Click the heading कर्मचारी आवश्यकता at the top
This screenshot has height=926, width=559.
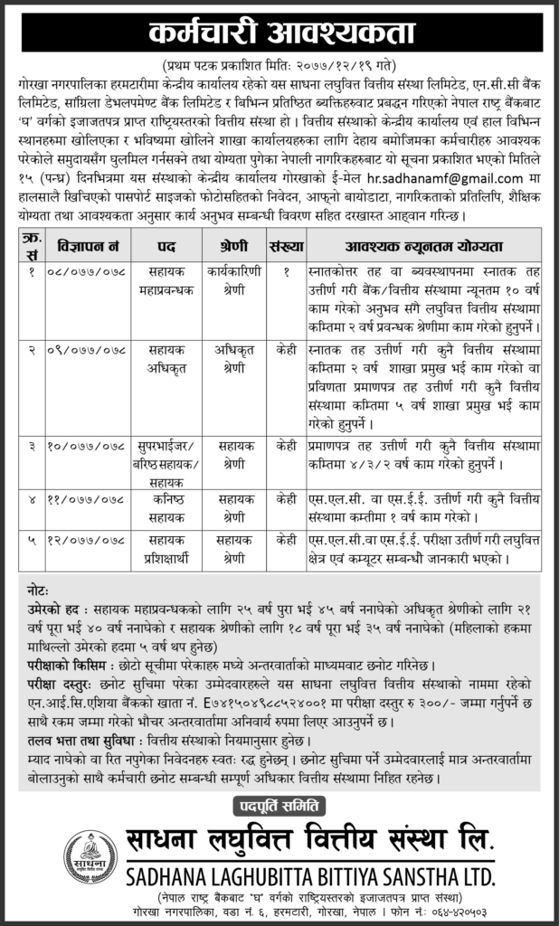pyautogui.click(x=279, y=33)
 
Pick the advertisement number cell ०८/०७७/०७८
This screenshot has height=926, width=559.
pyautogui.click(x=88, y=270)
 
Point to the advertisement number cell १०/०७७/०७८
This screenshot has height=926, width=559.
pyautogui.click(x=88, y=447)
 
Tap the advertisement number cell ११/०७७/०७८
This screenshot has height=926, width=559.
pyautogui.click(x=88, y=497)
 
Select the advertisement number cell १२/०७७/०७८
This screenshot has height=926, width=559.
pyautogui.click(x=88, y=541)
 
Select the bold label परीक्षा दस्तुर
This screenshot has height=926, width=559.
pyautogui.click(x=62, y=683)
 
